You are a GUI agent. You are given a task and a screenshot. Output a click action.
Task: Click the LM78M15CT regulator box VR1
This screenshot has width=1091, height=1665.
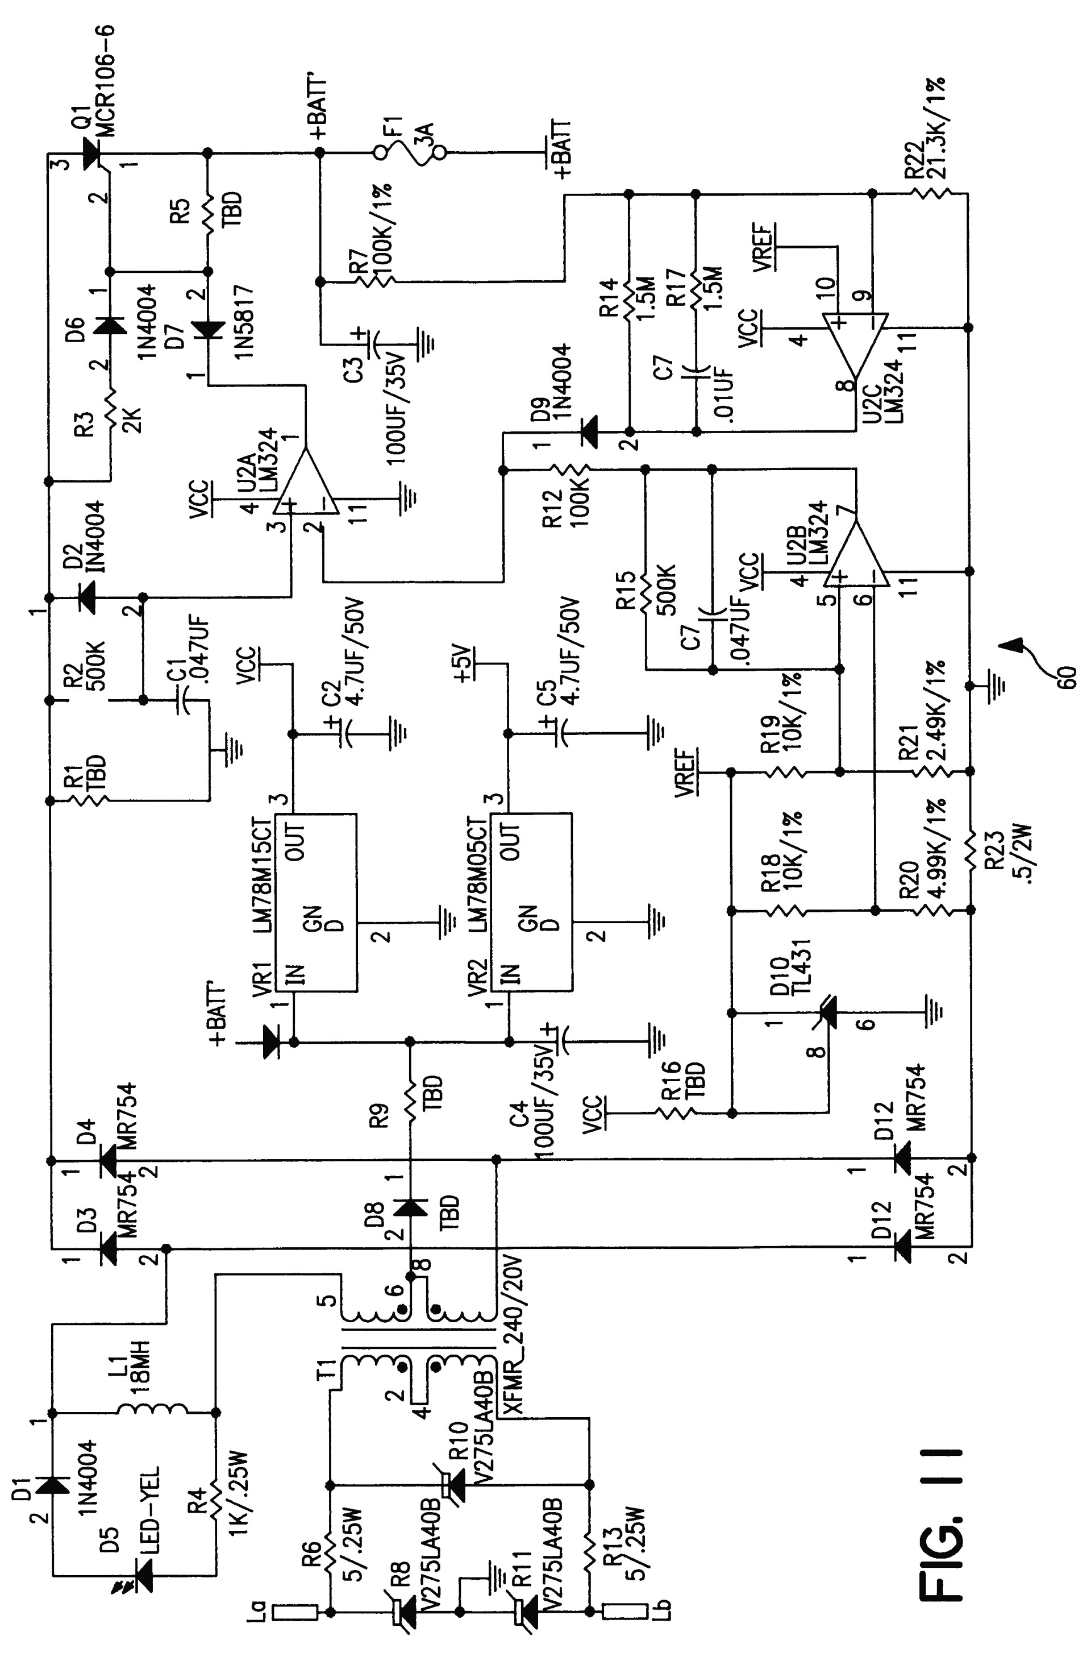point(315,903)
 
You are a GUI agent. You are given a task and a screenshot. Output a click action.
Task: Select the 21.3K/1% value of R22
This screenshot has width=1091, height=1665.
point(937,130)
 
